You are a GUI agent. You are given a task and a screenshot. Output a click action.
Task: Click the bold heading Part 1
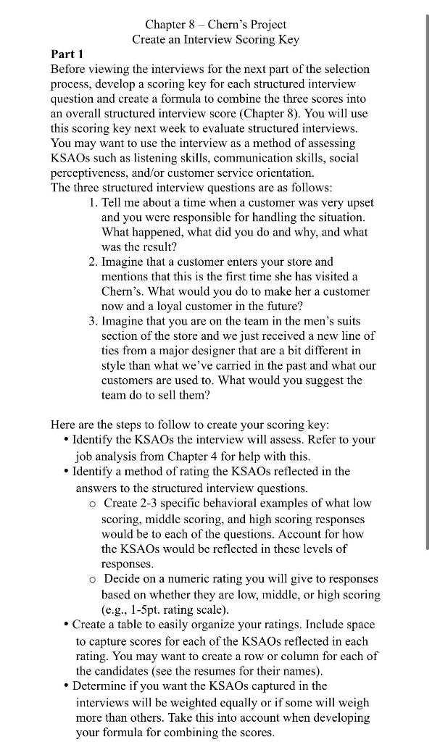67,54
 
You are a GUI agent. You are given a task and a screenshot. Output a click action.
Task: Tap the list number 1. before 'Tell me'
93,201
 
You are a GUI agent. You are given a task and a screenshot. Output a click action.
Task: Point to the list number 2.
93,262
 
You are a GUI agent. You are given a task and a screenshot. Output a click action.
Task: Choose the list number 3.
93,321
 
